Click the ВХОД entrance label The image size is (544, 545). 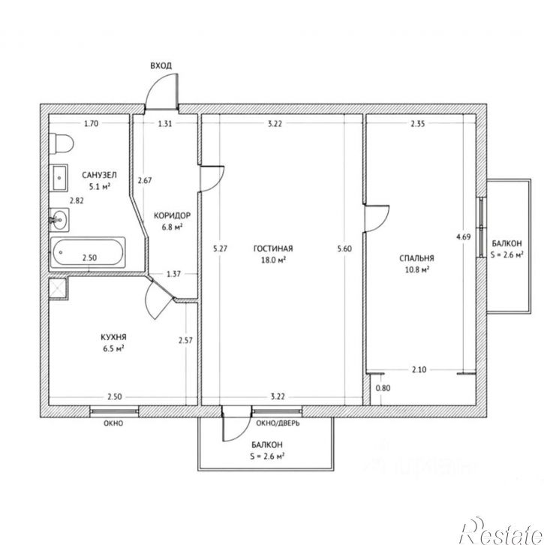[x=161, y=66]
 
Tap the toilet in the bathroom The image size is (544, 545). [x=61, y=143]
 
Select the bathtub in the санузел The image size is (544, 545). [x=88, y=253]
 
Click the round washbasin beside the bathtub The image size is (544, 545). [x=59, y=220]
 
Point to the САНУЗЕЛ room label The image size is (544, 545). [x=99, y=175]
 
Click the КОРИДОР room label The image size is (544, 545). [x=173, y=215]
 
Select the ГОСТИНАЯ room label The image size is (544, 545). [x=273, y=248]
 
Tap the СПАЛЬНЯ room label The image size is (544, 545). [x=416, y=258]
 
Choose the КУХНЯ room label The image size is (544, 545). [x=113, y=337]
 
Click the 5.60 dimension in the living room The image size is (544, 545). [x=344, y=248]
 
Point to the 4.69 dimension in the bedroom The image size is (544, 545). [x=464, y=237]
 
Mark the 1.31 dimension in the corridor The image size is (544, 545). [x=165, y=124]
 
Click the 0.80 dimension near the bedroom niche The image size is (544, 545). [x=383, y=388]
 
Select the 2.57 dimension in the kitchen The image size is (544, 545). [x=185, y=340]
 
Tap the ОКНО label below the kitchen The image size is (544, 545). [x=113, y=423]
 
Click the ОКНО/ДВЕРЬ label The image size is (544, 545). [x=278, y=423]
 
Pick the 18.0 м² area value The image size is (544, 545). [x=273, y=260]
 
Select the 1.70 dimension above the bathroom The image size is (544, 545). [x=92, y=124]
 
